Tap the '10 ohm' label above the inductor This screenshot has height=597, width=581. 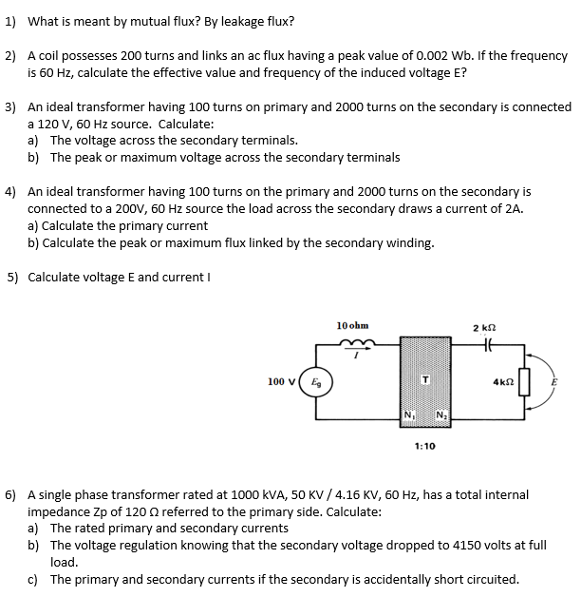(x=352, y=326)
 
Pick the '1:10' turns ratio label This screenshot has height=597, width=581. (x=424, y=445)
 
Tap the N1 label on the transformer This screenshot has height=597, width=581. (x=409, y=414)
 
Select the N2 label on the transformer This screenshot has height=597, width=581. (x=441, y=414)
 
